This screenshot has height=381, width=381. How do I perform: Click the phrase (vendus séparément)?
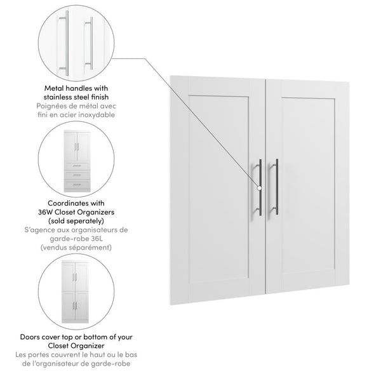tap(76, 247)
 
